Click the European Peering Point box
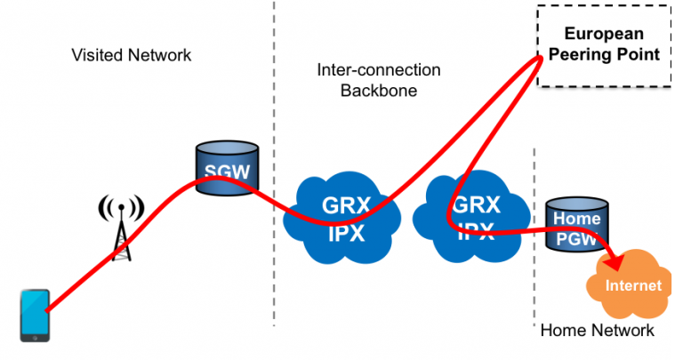tap(605, 45)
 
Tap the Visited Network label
tap(131, 55)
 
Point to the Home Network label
tap(598, 331)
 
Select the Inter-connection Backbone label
tap(378, 79)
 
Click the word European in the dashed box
tap(604, 36)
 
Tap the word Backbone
tap(379, 89)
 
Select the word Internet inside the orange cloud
tap(633, 285)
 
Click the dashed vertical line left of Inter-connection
tap(273, 178)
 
